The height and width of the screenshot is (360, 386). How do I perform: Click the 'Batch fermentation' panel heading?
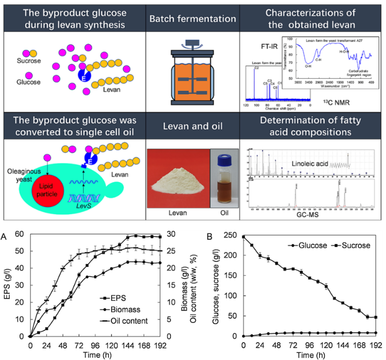click(192, 18)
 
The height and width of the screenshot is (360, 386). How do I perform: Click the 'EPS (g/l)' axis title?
click(8, 285)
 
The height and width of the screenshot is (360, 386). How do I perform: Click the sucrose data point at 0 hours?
click(243, 237)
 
